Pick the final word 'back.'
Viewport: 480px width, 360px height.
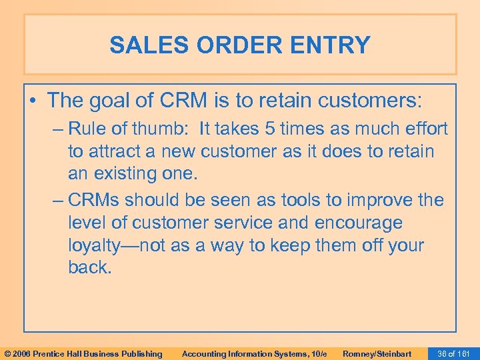[x=88, y=268]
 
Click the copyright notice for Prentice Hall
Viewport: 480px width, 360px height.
[x=83, y=353]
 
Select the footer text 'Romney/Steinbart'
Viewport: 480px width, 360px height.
[x=377, y=353]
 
